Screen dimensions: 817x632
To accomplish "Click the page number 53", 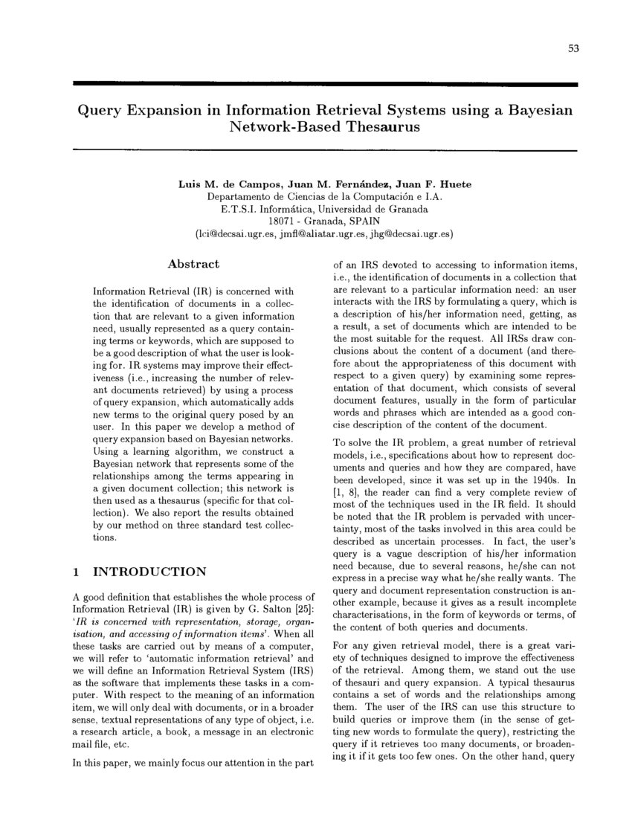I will pos(573,48).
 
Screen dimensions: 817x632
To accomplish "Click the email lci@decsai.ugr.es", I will pos(241,233).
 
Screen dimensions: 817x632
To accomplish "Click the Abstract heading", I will pos(193,264).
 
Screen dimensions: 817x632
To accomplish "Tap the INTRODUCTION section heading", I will pos(149,572).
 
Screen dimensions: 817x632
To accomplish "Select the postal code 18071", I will pos(282,221).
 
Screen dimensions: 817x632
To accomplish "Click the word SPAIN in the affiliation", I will pos(361,221).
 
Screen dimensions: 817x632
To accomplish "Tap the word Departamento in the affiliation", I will pos(236,196).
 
